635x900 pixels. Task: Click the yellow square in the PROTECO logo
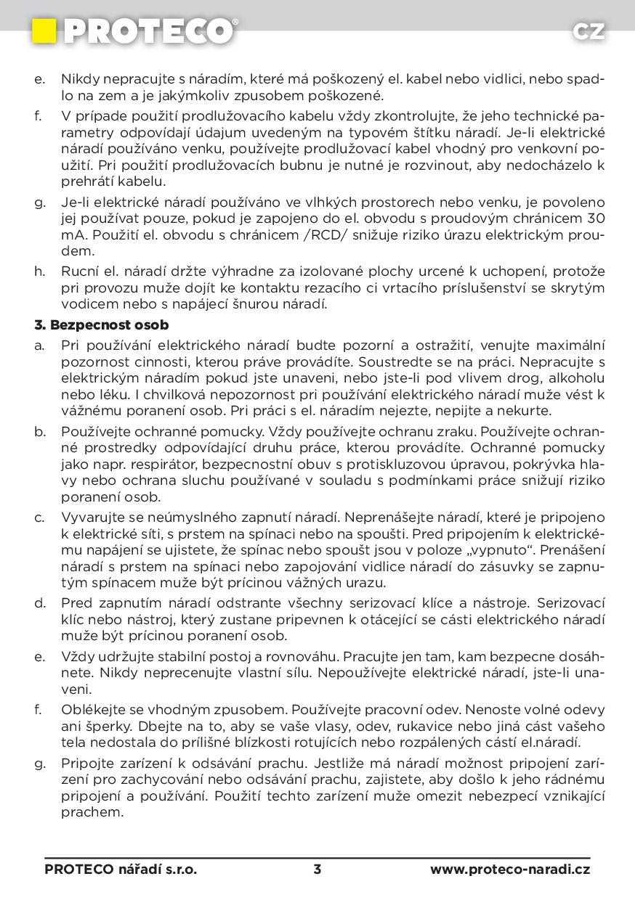point(44,30)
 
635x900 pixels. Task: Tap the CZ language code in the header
point(588,31)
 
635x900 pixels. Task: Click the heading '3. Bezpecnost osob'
point(102,324)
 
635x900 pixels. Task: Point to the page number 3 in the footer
point(317,869)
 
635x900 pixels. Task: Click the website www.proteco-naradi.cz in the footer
point(510,869)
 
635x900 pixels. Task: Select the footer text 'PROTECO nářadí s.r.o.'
point(121,869)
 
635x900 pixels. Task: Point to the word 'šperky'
point(108,726)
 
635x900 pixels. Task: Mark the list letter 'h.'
point(40,271)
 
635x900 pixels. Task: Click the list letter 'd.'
point(40,603)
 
